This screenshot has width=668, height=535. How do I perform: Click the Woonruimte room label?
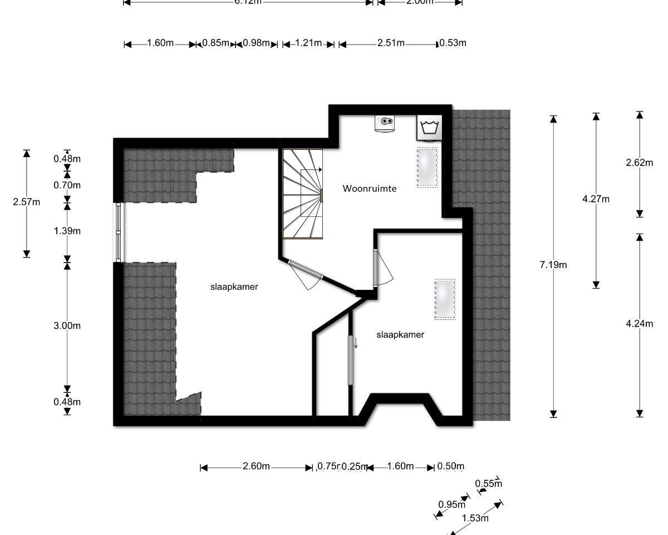(370, 188)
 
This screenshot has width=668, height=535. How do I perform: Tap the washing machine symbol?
(429, 128)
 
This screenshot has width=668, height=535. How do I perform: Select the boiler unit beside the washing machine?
(385, 123)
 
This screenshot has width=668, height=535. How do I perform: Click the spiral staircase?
(302, 193)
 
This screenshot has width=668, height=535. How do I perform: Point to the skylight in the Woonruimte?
(428, 168)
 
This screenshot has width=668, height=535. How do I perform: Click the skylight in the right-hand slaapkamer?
(445, 299)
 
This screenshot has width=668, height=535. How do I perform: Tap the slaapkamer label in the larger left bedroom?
(234, 286)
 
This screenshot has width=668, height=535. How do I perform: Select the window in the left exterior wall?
(119, 232)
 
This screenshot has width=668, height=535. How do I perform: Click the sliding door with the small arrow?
(351, 360)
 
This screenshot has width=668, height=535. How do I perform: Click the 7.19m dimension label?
(553, 265)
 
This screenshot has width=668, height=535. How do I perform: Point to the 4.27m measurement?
(596, 199)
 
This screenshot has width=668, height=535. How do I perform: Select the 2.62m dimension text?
(640, 163)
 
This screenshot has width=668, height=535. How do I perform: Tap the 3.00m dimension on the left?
(67, 325)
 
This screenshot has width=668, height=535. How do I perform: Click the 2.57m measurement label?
(27, 202)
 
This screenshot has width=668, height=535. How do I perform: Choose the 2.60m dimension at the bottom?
(256, 466)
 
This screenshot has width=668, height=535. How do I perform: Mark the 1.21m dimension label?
(308, 43)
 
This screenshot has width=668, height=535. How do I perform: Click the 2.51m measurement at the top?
(391, 43)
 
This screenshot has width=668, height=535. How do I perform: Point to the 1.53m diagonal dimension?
(475, 518)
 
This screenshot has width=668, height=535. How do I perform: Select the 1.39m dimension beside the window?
(67, 231)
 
